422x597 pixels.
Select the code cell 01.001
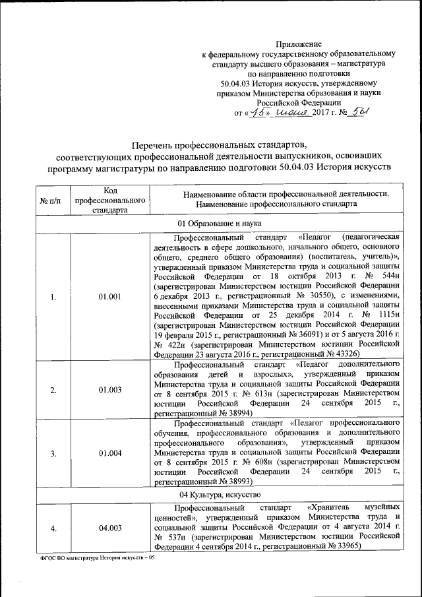[110, 297]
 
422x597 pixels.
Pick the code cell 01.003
[110, 390]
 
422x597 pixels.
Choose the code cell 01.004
[110, 453]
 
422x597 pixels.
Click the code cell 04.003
[110, 528]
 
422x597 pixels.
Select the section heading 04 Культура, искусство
[220, 494]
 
